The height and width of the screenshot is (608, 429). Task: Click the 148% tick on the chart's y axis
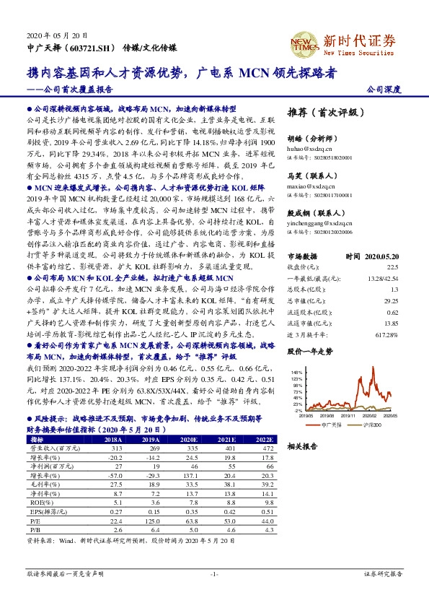coord(298,372)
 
